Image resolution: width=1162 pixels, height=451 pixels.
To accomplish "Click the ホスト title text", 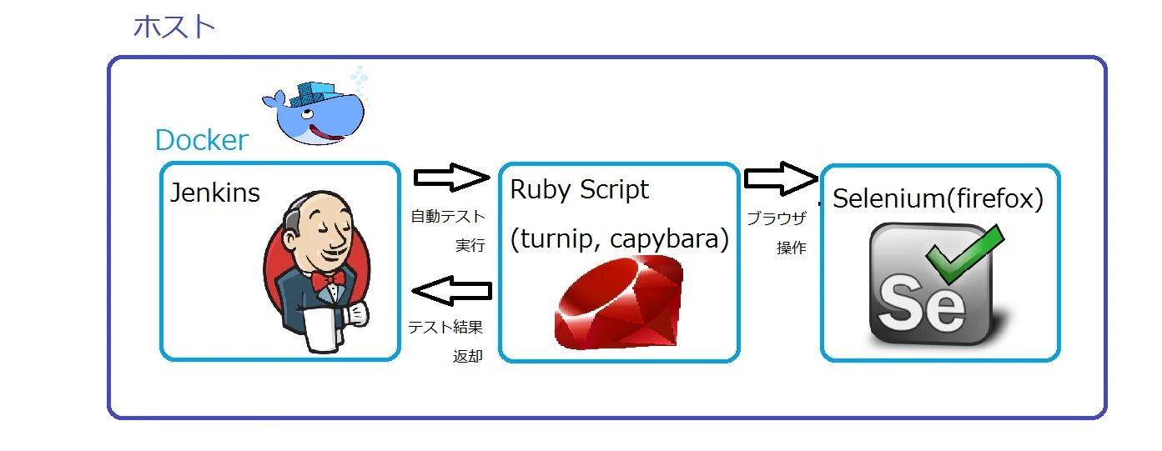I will click(x=174, y=27).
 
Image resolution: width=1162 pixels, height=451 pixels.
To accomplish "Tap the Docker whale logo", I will click(x=313, y=108).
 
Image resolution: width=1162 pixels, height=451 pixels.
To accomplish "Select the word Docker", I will click(x=202, y=140).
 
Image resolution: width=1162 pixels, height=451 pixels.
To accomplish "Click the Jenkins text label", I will click(x=215, y=193).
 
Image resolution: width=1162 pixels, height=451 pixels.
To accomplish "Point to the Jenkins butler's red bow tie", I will click(x=328, y=279).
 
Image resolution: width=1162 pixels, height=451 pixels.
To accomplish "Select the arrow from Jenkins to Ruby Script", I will click(x=450, y=177).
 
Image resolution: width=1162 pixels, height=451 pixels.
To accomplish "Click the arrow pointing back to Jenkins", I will click(x=450, y=291).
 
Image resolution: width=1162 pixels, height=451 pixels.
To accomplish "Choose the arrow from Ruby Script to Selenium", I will click(x=781, y=178).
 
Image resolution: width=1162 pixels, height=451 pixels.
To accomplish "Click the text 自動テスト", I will click(x=447, y=217).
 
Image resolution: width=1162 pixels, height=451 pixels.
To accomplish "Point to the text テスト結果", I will click(x=445, y=327).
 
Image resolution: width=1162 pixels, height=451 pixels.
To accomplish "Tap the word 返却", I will click(x=467, y=356).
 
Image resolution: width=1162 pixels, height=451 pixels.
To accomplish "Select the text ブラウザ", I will click(x=776, y=219).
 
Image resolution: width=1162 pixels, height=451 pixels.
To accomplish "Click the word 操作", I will click(x=791, y=248).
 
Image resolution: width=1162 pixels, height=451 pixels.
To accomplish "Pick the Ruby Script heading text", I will click(x=579, y=190).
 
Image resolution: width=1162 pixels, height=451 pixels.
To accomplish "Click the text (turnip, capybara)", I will click(x=619, y=239).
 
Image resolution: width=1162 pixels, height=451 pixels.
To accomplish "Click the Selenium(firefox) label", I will click(x=938, y=199).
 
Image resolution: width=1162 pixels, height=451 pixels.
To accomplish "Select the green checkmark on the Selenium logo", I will click(x=964, y=254).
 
